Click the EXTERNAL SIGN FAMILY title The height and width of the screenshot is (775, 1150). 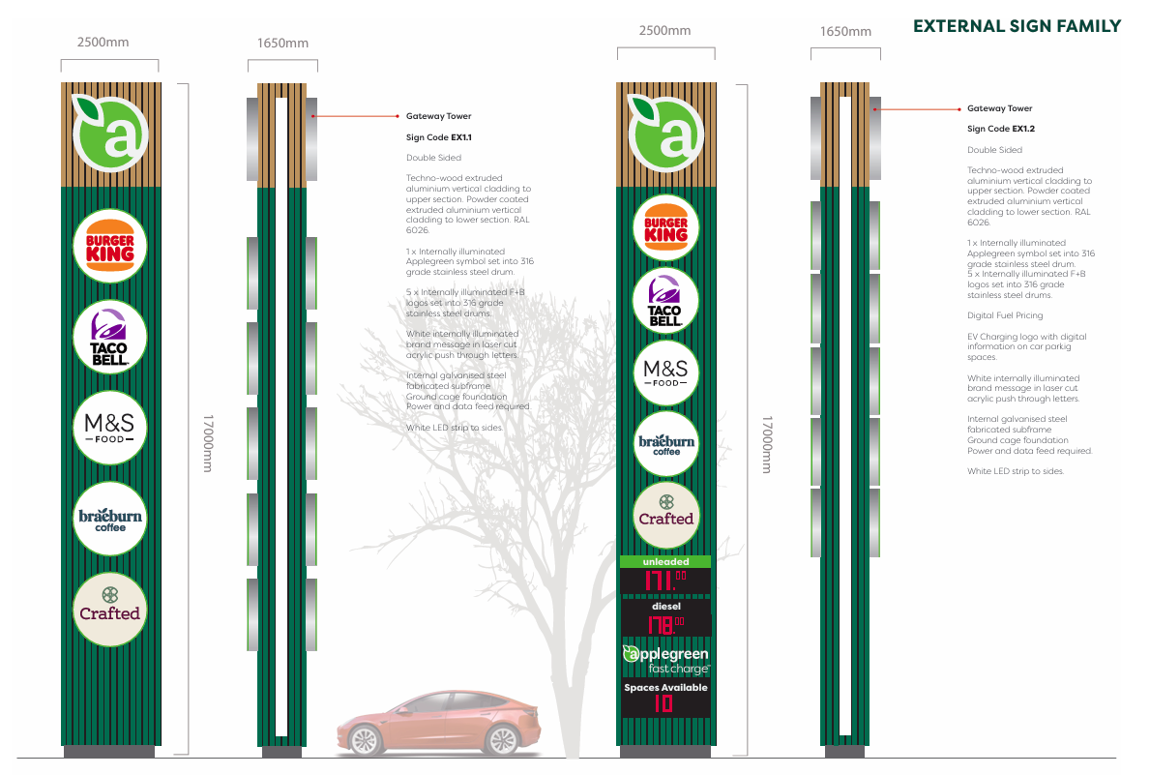1017,26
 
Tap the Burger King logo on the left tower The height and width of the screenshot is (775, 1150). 110,246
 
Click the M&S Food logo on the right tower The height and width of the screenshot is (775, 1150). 665,373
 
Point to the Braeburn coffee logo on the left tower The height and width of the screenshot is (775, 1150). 110,520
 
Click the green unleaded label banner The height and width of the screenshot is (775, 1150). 665,561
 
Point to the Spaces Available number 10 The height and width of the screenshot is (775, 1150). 663,703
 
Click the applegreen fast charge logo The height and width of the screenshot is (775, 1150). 665,661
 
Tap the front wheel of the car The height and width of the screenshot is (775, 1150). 364,740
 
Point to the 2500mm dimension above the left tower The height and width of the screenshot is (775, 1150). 103,43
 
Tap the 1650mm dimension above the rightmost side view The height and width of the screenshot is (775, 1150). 846,32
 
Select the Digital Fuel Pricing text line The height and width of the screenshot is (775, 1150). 1005,315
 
